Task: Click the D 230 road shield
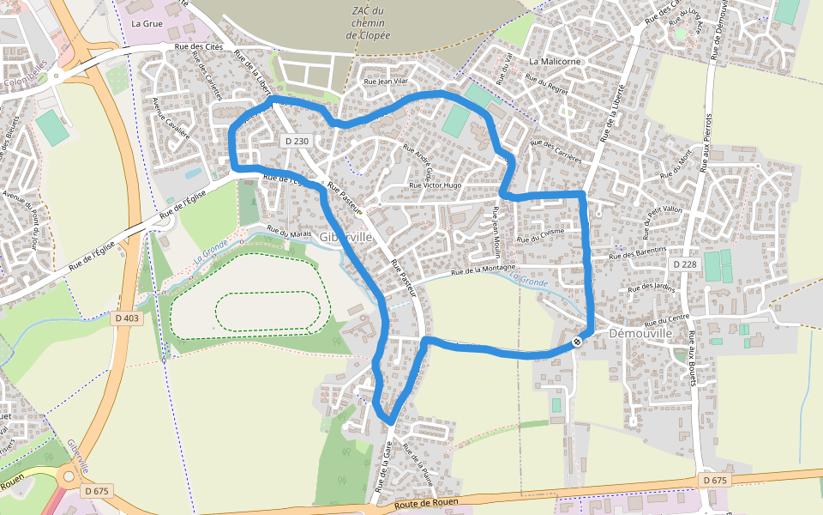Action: [x=295, y=141]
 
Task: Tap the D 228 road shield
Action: [x=684, y=264]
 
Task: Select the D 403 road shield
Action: [x=126, y=318]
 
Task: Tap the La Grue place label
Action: [x=147, y=24]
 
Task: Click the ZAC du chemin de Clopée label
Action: [x=368, y=23]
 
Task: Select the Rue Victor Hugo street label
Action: [x=436, y=185]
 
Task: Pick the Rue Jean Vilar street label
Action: [x=384, y=82]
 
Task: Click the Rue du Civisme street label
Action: [x=540, y=236]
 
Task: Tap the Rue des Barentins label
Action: [x=638, y=253]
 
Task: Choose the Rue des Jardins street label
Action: [x=652, y=288]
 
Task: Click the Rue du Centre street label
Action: [x=661, y=320]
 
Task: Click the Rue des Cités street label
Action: [x=198, y=47]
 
